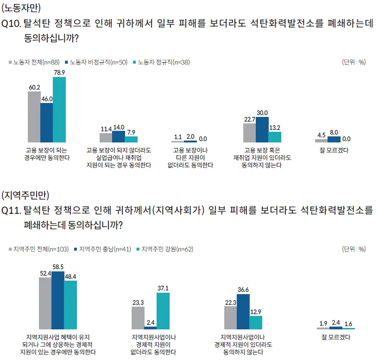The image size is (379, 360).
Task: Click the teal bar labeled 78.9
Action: click(59, 109)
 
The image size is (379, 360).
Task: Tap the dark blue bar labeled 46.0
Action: click(47, 122)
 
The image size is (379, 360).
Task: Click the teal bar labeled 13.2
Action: click(275, 137)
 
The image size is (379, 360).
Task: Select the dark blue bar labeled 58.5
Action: click(58, 300)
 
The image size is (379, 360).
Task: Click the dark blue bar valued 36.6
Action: click(243, 311)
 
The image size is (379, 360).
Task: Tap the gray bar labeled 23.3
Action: click(138, 318)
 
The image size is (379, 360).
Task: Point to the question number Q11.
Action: click(11, 211)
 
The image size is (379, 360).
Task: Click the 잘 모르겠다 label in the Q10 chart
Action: click(334, 150)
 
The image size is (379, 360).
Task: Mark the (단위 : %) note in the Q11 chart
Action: click(354, 249)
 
